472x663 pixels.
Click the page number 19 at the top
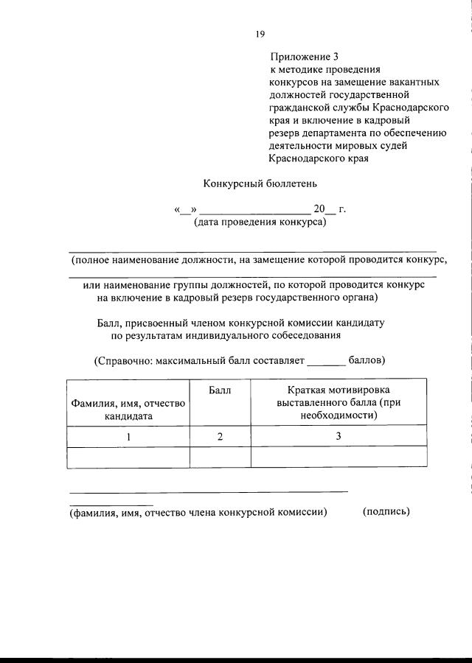[x=260, y=34]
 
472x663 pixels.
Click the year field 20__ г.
[x=329, y=208]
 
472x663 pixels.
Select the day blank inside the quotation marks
[x=184, y=209]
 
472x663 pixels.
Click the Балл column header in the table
[x=220, y=390]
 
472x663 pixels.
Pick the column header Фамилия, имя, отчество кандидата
[x=128, y=409]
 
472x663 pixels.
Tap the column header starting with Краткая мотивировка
[x=339, y=401]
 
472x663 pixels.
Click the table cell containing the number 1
[x=128, y=436]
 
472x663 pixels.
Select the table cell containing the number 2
[x=220, y=436]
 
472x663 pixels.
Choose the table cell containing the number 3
[x=339, y=436]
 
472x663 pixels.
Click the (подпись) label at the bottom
[x=386, y=511]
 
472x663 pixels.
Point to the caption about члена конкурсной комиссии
[x=198, y=511]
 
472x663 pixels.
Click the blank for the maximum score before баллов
[x=326, y=361]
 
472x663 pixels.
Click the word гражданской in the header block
[x=300, y=107]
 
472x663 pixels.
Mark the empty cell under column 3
[x=339, y=457]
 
